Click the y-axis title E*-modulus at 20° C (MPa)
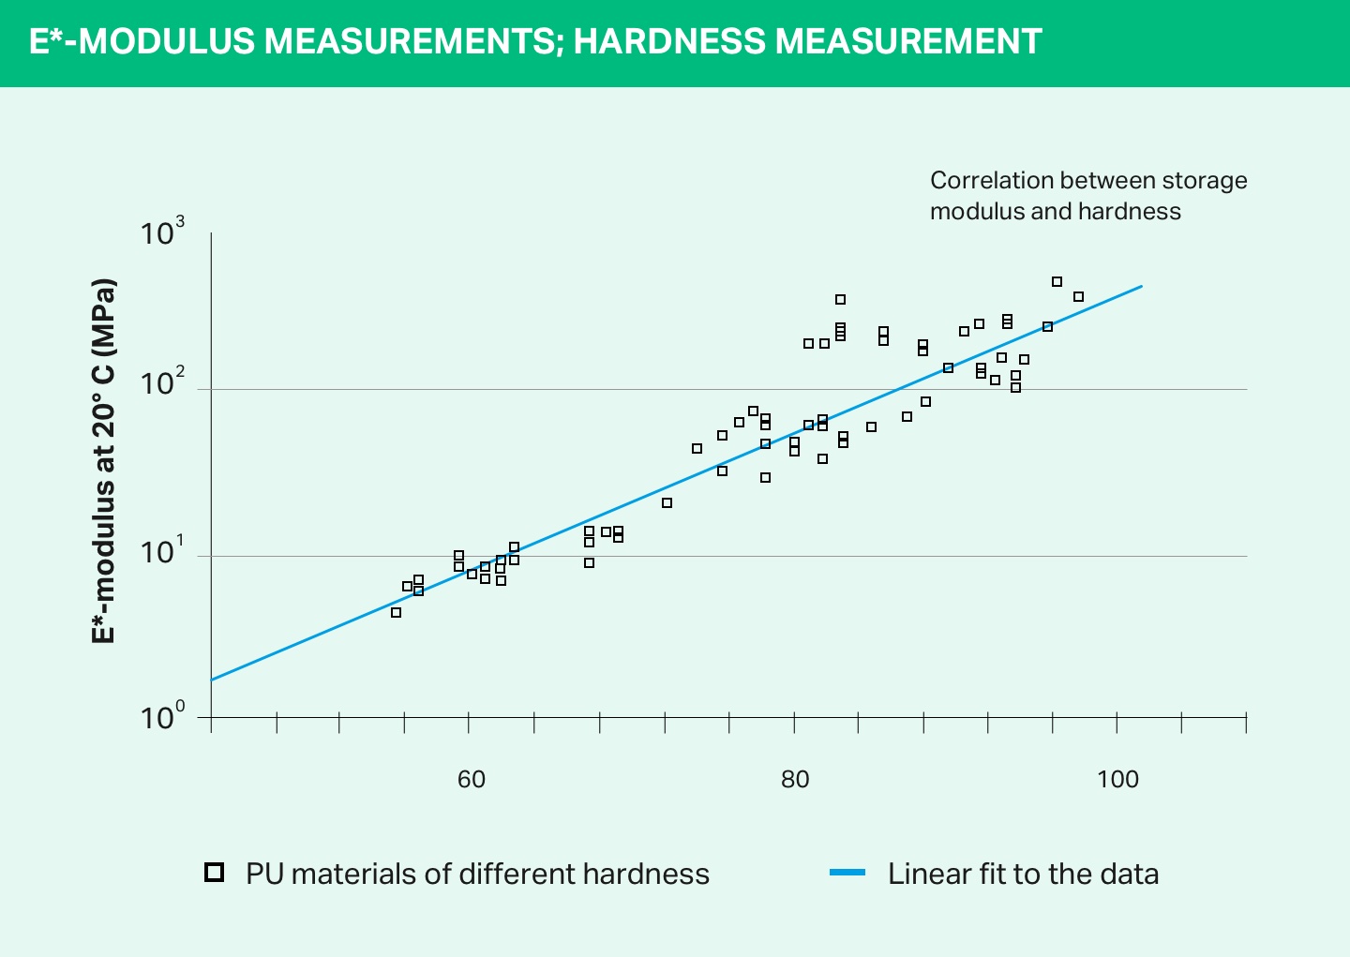[104, 461]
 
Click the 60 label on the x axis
[472, 779]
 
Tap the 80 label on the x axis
[795, 779]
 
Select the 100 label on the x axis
[1117, 779]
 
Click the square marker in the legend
[214, 873]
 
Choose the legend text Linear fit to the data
[1023, 874]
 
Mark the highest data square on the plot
[1057, 281]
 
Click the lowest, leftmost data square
[396, 612]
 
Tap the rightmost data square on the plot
[1078, 296]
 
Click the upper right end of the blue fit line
[1141, 286]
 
